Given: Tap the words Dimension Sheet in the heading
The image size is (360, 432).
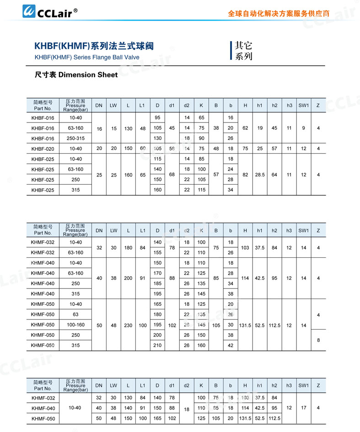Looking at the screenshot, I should point(88,75).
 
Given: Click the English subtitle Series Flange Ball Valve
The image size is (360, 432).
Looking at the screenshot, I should point(87,58).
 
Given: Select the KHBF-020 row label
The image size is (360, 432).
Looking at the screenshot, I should point(43,149).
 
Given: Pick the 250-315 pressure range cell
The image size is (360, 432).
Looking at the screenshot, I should point(75,139).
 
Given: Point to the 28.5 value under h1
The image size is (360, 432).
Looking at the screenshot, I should point(260,175).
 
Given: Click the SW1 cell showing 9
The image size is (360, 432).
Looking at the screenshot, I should point(304,128).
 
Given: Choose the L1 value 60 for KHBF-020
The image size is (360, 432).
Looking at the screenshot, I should point(143,149).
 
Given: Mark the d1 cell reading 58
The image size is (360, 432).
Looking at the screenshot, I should point(172,149).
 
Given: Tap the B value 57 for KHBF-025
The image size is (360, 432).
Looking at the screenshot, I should point(216,175).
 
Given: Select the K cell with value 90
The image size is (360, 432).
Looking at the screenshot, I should point(201,139).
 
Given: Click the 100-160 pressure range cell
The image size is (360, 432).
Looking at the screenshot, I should point(75,325).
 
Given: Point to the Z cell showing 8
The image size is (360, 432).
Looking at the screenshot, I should point(318,340).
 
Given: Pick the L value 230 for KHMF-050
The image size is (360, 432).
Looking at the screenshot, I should point(128,325).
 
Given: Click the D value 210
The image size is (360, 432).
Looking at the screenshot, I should point(157,346).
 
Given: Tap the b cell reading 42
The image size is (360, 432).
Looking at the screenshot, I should point(231,346).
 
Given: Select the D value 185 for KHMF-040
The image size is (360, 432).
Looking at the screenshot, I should point(157,283).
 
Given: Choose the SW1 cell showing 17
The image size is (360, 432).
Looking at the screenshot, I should point(304,408).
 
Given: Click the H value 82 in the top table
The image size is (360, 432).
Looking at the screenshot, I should point(245,175).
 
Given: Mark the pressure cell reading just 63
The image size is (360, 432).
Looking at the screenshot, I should point(75,315).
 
